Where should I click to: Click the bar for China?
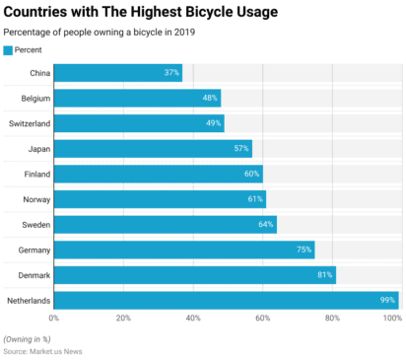click(x=117, y=73)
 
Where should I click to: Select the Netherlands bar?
click(x=226, y=300)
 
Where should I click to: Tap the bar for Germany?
click(x=183, y=250)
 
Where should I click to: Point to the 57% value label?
click(x=240, y=149)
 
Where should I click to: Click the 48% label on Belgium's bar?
click(x=209, y=99)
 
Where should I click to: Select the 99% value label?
click(x=386, y=300)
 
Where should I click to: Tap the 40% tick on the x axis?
click(x=193, y=319)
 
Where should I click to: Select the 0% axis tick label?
click(x=54, y=319)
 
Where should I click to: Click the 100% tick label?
click(x=391, y=319)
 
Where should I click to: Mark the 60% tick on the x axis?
click(x=263, y=319)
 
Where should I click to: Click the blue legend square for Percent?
click(x=8, y=49)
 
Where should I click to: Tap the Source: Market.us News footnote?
click(x=42, y=351)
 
